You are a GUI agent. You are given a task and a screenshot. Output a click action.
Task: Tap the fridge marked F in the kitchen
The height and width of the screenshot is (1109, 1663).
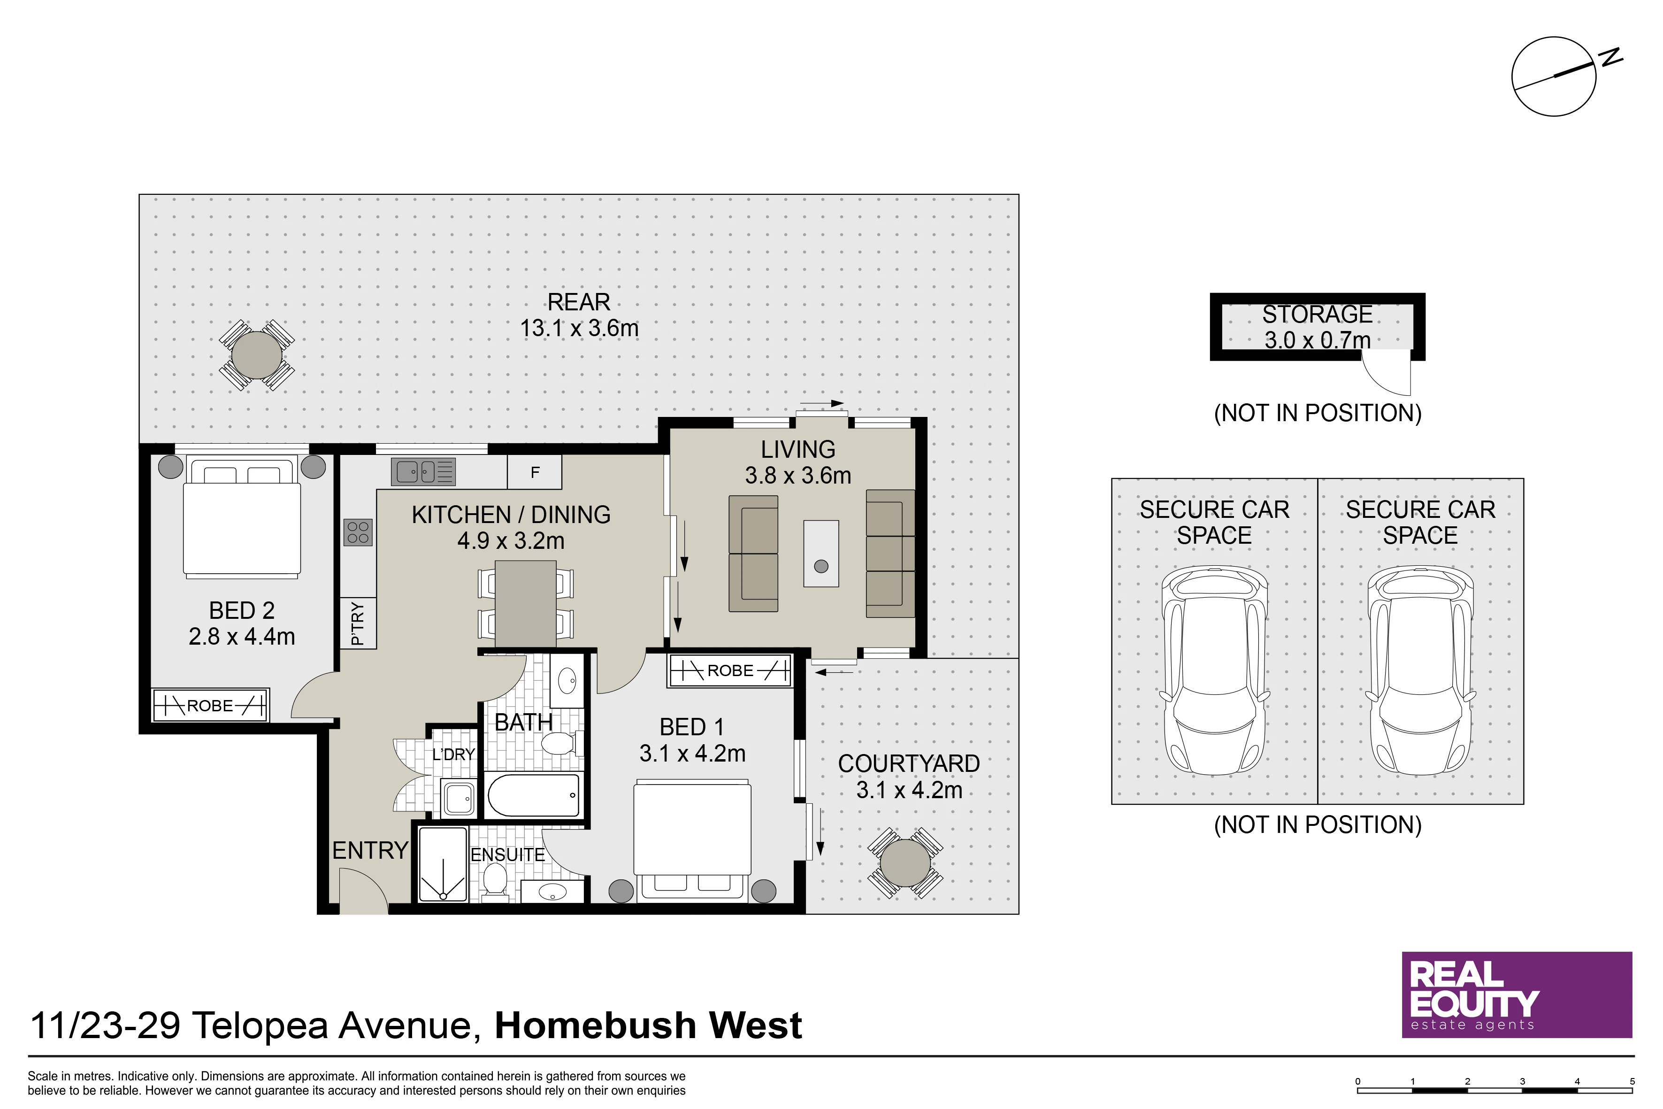(535, 472)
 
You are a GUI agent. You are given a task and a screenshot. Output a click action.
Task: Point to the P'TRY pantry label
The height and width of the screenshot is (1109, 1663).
(358, 623)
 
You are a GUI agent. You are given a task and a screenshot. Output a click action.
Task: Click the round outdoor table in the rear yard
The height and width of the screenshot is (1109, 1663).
(257, 355)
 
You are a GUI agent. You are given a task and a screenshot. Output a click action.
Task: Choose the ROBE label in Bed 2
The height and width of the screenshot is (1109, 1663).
(210, 706)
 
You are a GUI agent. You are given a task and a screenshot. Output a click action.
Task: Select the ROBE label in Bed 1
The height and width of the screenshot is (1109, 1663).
(730, 670)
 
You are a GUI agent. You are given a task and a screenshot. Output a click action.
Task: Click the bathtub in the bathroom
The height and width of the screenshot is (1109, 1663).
(534, 795)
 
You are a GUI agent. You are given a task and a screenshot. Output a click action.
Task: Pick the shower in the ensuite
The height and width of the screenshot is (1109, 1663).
(443, 865)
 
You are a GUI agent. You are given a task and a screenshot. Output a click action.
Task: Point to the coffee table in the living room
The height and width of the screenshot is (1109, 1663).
(821, 554)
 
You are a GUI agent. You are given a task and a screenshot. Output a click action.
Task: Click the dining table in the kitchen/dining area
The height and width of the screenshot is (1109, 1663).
(525, 603)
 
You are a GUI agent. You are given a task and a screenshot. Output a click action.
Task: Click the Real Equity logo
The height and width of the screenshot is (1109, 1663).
(1517, 995)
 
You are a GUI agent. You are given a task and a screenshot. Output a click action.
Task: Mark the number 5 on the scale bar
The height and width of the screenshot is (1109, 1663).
(1632, 1081)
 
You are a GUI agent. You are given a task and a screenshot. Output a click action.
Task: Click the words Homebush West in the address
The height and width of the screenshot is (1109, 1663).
(648, 1025)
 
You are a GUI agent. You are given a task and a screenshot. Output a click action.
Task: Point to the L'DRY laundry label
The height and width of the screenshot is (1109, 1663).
(453, 755)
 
